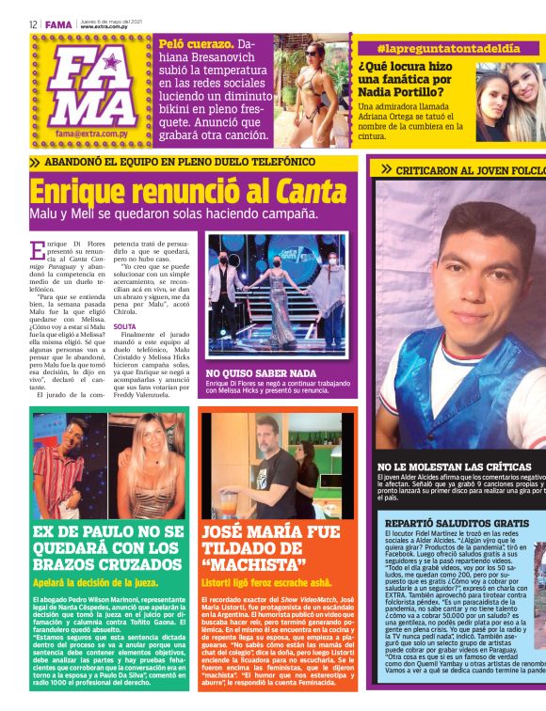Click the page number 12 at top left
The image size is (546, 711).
pos(32,24)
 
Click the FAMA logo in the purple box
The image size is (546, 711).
pos(91,87)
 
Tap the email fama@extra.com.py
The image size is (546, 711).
pos(90,134)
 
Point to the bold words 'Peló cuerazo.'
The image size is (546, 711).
pos(196,44)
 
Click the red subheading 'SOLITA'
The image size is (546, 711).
pos(124,325)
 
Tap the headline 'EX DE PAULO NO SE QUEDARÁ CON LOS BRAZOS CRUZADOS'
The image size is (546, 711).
pos(107,547)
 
